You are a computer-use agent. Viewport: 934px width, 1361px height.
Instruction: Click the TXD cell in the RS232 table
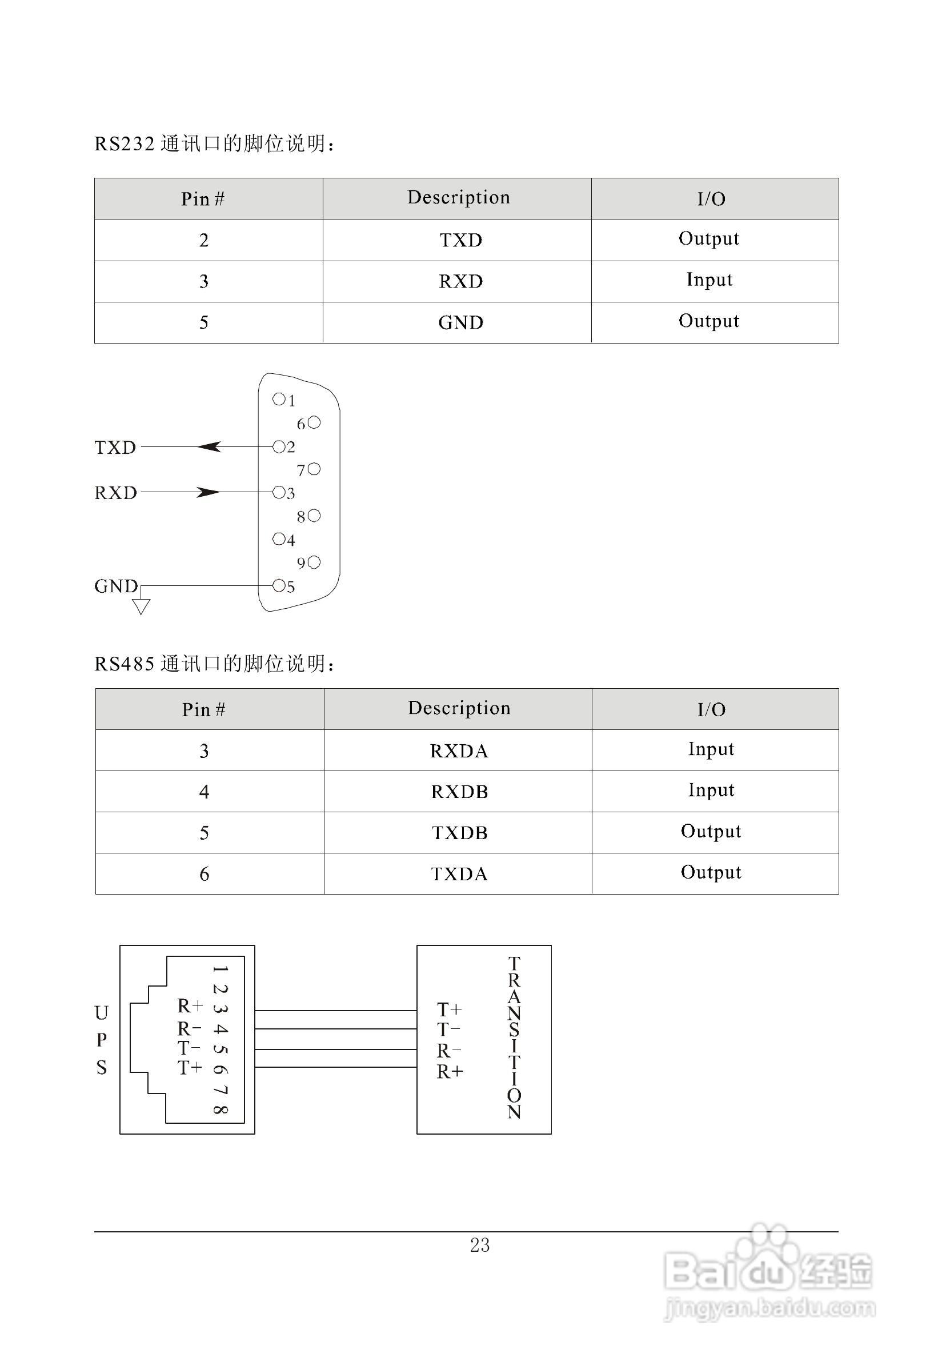click(460, 240)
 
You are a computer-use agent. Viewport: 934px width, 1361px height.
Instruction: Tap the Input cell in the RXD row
click(709, 281)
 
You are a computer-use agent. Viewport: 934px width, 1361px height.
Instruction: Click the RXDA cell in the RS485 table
click(459, 751)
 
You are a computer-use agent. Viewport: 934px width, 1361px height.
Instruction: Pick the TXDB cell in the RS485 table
click(459, 833)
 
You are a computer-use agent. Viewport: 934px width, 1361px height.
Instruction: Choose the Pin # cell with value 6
click(204, 875)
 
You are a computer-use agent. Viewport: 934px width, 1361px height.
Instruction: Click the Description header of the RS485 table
click(459, 709)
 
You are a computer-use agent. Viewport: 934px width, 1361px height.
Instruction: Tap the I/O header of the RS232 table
click(711, 199)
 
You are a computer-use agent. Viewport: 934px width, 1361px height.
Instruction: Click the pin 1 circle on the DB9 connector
click(279, 400)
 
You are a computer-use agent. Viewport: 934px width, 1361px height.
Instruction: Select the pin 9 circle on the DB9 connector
click(314, 562)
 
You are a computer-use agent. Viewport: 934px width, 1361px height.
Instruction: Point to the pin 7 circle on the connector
click(314, 469)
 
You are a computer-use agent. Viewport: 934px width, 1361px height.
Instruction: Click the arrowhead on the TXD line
click(209, 447)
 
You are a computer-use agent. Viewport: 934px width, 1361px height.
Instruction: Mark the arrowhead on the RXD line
click(209, 493)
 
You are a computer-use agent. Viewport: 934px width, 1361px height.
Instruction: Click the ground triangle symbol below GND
click(141, 606)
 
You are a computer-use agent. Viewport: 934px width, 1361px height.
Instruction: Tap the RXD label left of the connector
click(116, 493)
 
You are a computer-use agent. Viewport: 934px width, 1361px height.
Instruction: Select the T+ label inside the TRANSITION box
click(450, 1009)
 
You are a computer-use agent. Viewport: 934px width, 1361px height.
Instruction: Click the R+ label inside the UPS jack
click(190, 1006)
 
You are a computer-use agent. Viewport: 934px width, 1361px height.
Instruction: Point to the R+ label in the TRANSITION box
click(450, 1072)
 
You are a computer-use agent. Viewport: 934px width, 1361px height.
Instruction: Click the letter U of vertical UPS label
click(102, 1012)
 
